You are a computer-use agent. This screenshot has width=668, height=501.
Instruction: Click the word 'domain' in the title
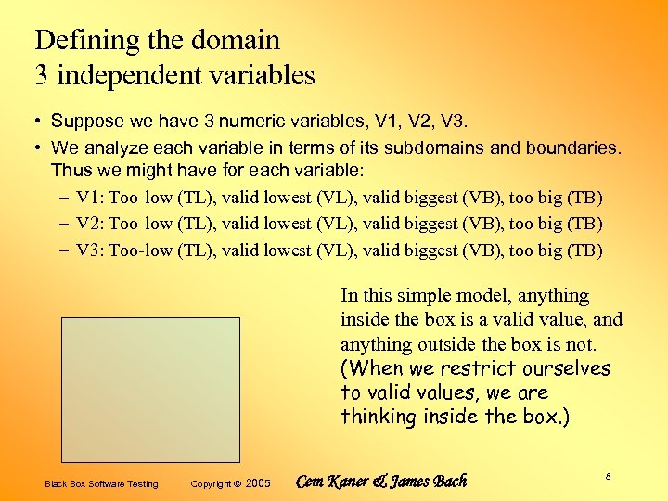tap(236, 41)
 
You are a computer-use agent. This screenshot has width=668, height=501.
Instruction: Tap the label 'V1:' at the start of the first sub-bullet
tap(90, 198)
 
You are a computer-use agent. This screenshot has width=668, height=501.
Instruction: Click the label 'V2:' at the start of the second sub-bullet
tap(90, 224)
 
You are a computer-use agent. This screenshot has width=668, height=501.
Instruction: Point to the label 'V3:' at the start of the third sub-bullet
tap(90, 250)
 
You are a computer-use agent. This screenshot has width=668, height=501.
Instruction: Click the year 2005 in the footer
tap(259, 484)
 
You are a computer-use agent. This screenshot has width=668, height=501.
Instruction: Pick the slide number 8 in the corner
tap(608, 476)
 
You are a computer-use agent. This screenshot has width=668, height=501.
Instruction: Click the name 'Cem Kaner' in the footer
tap(332, 482)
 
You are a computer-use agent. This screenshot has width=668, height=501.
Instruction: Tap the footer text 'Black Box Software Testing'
tap(102, 484)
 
